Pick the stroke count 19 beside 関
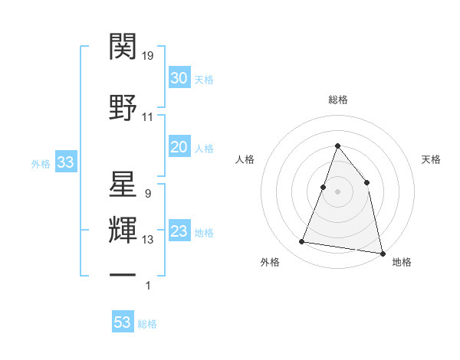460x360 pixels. coord(148,55)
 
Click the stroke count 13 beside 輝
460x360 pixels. coord(148,240)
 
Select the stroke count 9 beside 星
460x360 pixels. coord(147,194)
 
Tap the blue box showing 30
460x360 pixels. coord(179,78)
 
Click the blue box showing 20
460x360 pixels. coord(179,147)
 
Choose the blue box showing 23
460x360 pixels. coord(179,232)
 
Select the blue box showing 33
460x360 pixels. coord(65,162)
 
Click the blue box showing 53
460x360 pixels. coord(123,322)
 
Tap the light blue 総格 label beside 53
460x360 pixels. coord(147,324)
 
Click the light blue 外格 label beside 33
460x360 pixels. coord(41,163)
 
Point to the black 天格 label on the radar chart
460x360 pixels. coord(431,159)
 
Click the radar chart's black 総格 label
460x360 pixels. coord(337,100)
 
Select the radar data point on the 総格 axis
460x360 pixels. coord(337,146)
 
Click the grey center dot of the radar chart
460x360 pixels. coord(337,191)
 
